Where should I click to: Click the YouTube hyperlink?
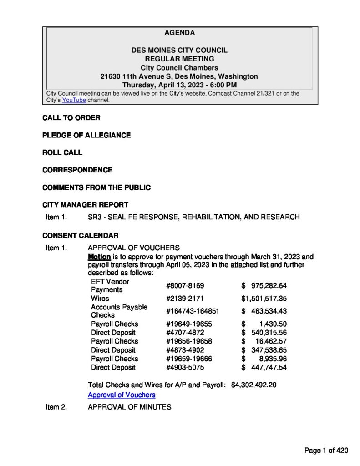click(x=74, y=100)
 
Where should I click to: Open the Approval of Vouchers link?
click(x=122, y=395)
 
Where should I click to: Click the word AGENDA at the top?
click(x=179, y=33)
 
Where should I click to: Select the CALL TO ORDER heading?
click(x=71, y=118)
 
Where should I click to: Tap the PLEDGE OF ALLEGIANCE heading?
click(x=86, y=135)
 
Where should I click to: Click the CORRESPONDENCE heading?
click(x=77, y=170)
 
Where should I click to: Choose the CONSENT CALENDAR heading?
click(x=80, y=235)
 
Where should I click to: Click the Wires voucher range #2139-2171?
click(x=185, y=299)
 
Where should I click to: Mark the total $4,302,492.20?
click(x=254, y=385)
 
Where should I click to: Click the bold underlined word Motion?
click(x=99, y=257)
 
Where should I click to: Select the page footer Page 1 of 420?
click(x=326, y=451)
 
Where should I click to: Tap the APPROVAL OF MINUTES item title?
click(x=129, y=407)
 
